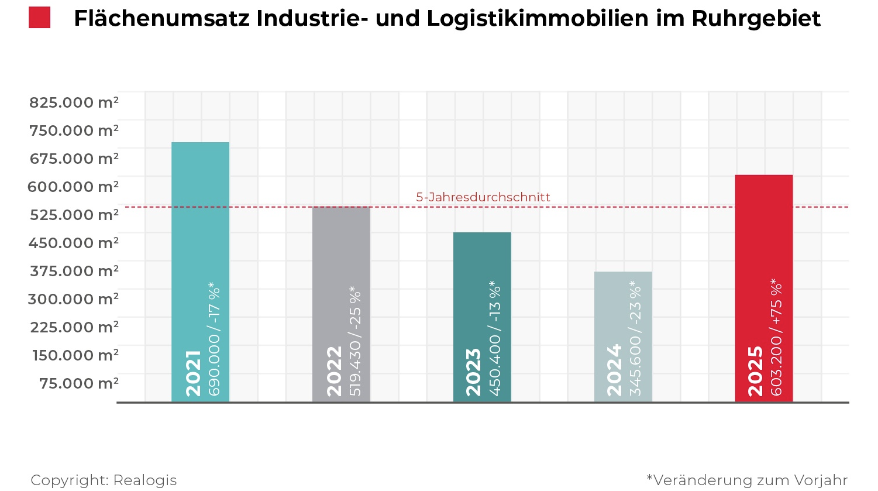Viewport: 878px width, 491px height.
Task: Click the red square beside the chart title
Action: pos(40,18)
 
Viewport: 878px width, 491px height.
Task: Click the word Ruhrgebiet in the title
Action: pos(756,19)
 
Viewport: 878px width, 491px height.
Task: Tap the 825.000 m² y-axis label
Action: pos(74,102)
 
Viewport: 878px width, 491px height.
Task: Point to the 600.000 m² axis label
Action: pos(73,187)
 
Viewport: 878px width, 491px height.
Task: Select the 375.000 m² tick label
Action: pos(74,271)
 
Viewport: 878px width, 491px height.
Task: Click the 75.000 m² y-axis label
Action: pos(78,383)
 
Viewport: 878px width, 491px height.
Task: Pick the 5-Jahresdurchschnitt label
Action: pos(483,197)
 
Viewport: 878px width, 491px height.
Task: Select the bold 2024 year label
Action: pos(615,370)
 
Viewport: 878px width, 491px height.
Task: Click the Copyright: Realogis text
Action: pos(104,480)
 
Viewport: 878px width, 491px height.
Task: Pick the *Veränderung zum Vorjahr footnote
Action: pos(747,480)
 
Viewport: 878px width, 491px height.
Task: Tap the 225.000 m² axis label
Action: pos(74,327)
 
